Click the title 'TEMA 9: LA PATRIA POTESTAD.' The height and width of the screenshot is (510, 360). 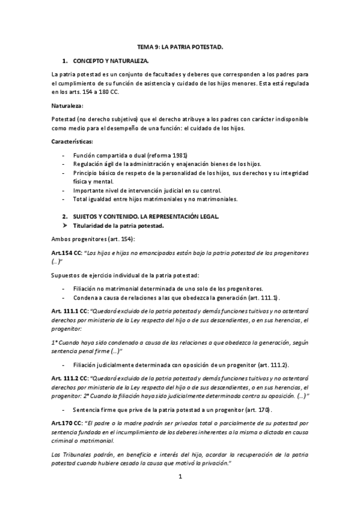coord(180,47)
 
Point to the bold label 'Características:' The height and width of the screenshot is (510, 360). coord(72,141)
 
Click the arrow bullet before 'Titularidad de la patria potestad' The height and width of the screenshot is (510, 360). coord(66,226)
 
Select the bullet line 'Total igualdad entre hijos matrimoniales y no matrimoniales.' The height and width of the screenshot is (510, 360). coord(155,199)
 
